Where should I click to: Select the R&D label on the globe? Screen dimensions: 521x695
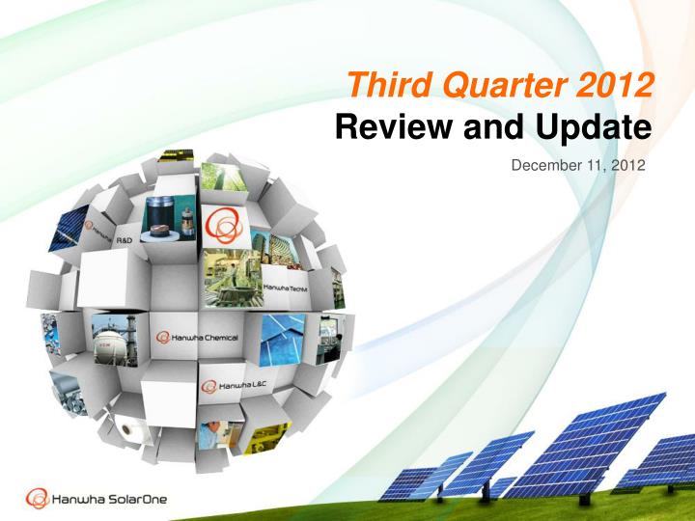126,237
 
